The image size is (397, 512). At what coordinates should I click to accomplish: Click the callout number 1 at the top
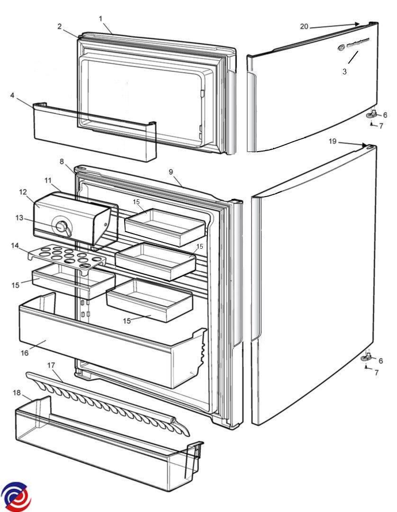(101, 18)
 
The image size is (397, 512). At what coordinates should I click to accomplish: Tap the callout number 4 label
(12, 95)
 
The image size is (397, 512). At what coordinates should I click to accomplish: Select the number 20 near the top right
(304, 27)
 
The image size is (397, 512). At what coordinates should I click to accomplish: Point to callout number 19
(333, 141)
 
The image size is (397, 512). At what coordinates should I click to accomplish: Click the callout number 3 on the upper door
(344, 72)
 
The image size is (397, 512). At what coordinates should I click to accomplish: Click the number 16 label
(24, 352)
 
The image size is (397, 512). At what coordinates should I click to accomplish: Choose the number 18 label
(17, 393)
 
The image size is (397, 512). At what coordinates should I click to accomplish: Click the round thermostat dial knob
(62, 227)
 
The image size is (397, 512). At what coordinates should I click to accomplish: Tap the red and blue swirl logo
(16, 497)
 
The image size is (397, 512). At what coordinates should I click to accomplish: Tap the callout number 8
(62, 161)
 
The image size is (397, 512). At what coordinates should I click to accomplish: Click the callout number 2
(60, 27)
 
